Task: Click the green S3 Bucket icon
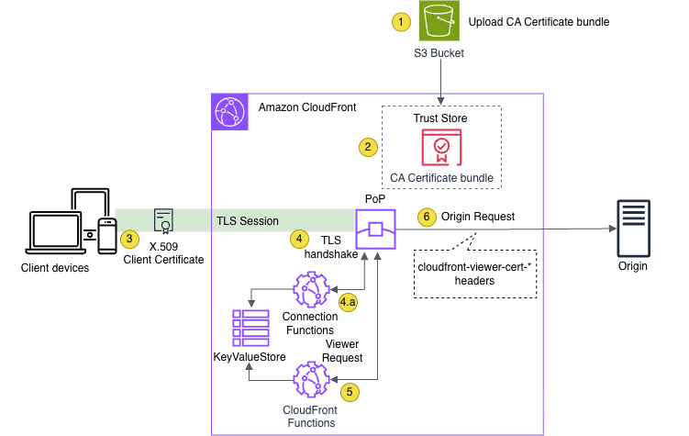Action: click(441, 21)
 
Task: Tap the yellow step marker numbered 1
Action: click(399, 21)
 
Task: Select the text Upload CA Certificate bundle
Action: click(539, 21)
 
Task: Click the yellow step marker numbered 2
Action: click(367, 146)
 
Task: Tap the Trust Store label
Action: click(440, 118)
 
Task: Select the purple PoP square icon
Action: click(376, 229)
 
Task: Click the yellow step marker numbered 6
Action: click(425, 218)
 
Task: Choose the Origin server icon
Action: click(632, 229)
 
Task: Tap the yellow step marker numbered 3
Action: click(130, 239)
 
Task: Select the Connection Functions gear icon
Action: click(311, 290)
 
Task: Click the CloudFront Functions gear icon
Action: click(311, 380)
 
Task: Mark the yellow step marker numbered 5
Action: click(349, 390)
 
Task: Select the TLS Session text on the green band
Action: click(247, 221)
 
